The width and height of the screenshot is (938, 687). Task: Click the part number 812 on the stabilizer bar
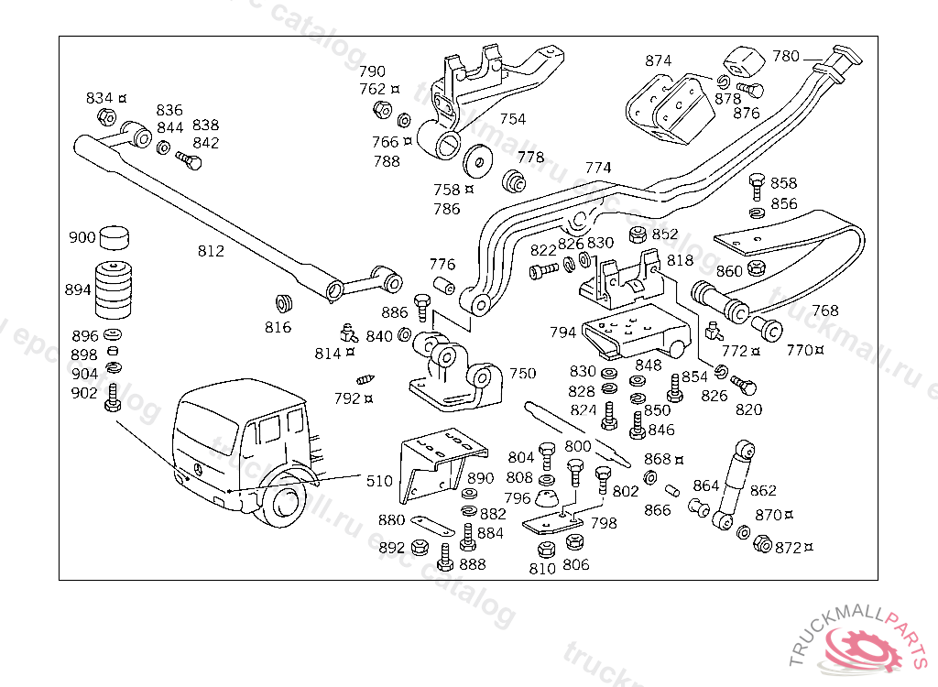(210, 250)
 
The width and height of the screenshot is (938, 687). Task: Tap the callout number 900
(82, 238)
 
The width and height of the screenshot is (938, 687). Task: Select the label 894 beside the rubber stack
(78, 289)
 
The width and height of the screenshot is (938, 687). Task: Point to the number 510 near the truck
(379, 481)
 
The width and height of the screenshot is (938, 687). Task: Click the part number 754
(513, 119)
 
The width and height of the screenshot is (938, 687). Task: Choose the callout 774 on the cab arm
(598, 169)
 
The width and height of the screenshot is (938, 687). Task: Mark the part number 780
(786, 56)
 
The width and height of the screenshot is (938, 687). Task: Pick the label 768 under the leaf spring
(824, 311)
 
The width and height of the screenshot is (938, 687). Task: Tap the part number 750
(522, 373)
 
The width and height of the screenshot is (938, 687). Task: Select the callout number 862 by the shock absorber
(762, 491)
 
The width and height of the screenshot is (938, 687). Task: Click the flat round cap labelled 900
(114, 238)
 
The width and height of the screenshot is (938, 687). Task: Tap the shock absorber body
(733, 482)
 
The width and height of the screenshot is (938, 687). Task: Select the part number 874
(658, 61)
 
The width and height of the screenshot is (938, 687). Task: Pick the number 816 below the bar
(278, 327)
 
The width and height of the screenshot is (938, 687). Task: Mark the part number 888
(473, 564)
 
